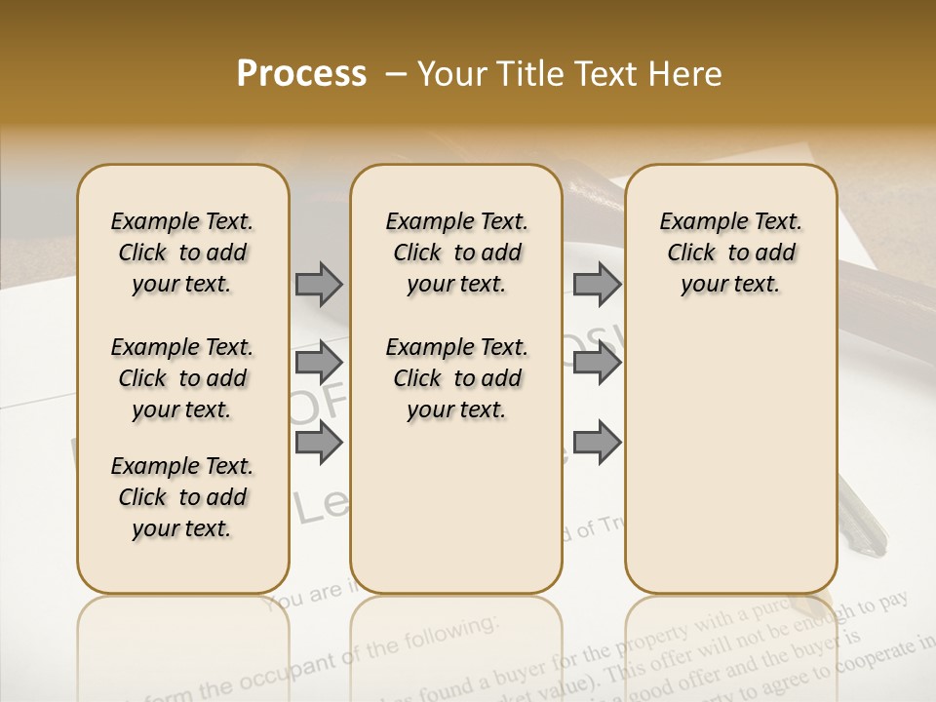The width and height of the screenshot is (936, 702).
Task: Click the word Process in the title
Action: (301, 73)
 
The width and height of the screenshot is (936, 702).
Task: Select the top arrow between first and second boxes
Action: (319, 284)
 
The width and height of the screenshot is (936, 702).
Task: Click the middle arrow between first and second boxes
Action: (319, 364)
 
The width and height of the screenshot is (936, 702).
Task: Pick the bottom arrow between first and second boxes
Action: (319, 443)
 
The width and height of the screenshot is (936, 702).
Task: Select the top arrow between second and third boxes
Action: (597, 284)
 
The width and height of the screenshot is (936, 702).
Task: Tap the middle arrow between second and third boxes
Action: (597, 364)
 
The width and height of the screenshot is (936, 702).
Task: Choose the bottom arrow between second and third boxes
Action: (597, 443)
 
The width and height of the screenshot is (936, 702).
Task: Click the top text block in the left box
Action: (182, 253)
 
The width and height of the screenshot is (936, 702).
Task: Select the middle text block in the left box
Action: (182, 378)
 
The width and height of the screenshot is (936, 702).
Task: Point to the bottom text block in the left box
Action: (182, 497)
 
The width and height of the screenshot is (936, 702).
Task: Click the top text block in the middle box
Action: (456, 253)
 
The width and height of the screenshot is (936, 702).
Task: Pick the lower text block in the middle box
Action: (456, 378)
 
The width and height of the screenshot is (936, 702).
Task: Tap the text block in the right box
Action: (730, 253)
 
